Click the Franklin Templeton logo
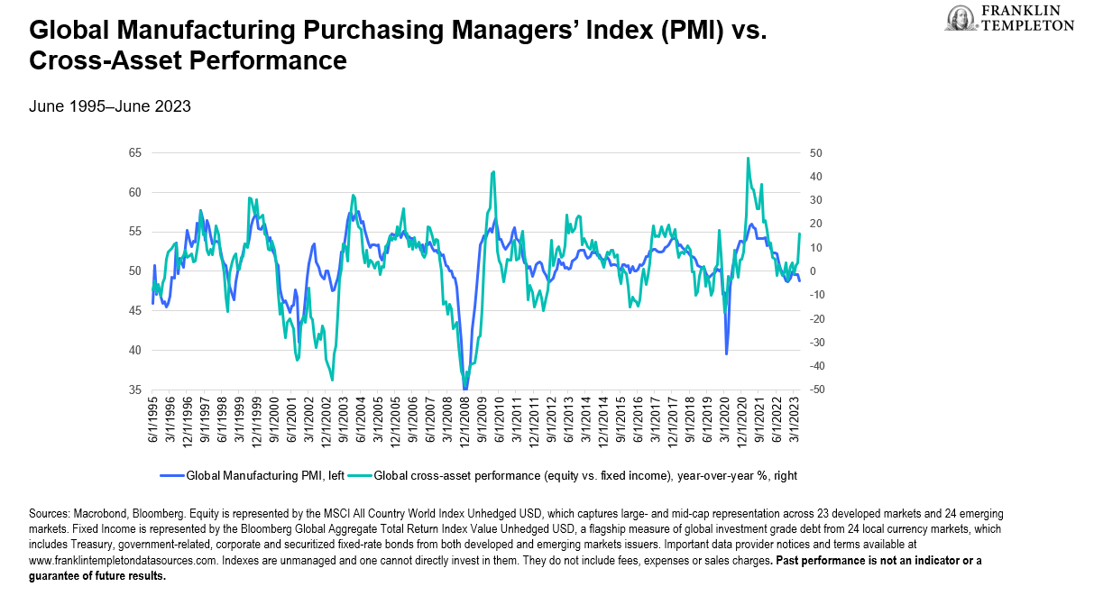1010,18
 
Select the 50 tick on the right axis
815,153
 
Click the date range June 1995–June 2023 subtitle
110,106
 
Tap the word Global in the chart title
67,32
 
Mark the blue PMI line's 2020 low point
727,353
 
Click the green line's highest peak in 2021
749,159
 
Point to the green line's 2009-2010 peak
493,171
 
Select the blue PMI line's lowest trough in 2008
465,389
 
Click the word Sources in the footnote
50,514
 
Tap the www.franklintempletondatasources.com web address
123,560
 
